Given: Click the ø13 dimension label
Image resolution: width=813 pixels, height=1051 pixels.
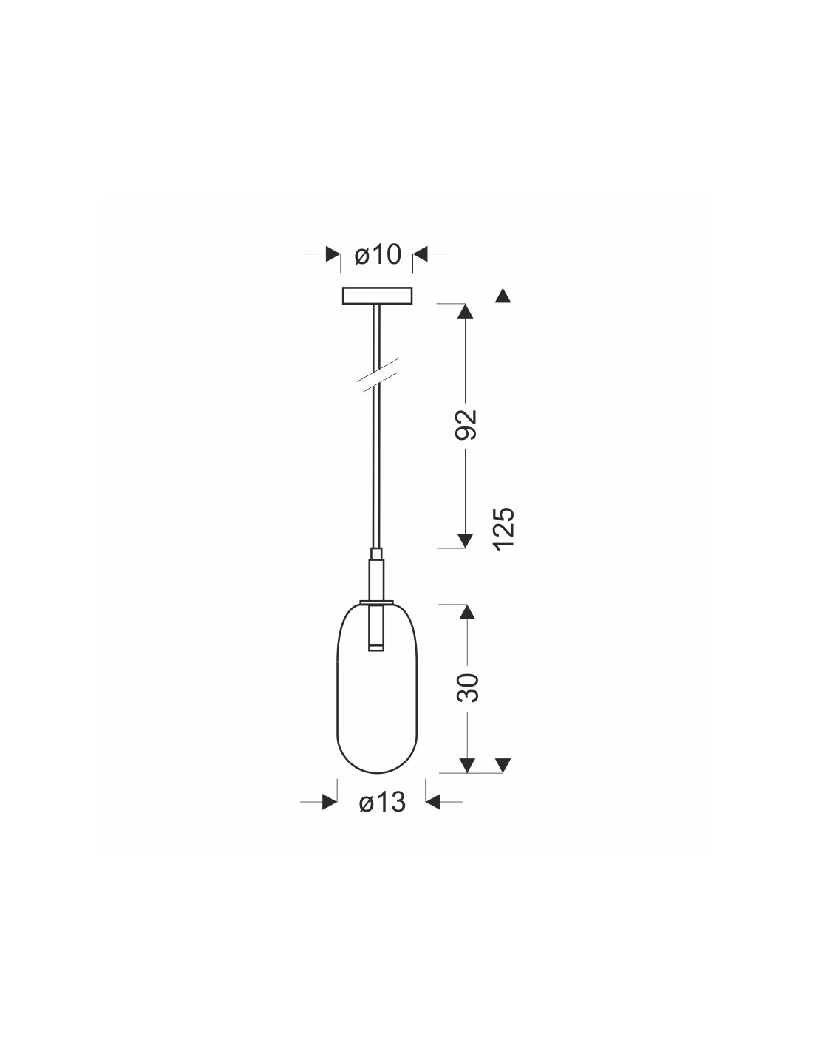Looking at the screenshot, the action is click(x=382, y=803).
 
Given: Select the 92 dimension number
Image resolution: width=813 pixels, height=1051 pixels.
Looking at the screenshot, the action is click(x=466, y=424).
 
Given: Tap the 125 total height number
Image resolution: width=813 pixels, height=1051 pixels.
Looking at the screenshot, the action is click(x=503, y=528).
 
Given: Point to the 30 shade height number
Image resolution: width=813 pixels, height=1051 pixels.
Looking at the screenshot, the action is click(x=467, y=687).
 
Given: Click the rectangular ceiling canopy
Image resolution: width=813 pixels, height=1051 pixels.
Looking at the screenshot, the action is click(x=378, y=296).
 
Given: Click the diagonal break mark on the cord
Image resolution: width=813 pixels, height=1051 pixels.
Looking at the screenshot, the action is click(x=378, y=375).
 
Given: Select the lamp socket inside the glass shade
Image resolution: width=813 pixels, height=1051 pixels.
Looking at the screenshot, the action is click(x=376, y=627).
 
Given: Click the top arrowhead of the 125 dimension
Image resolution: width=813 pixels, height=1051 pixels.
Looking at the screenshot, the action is click(x=503, y=296).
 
